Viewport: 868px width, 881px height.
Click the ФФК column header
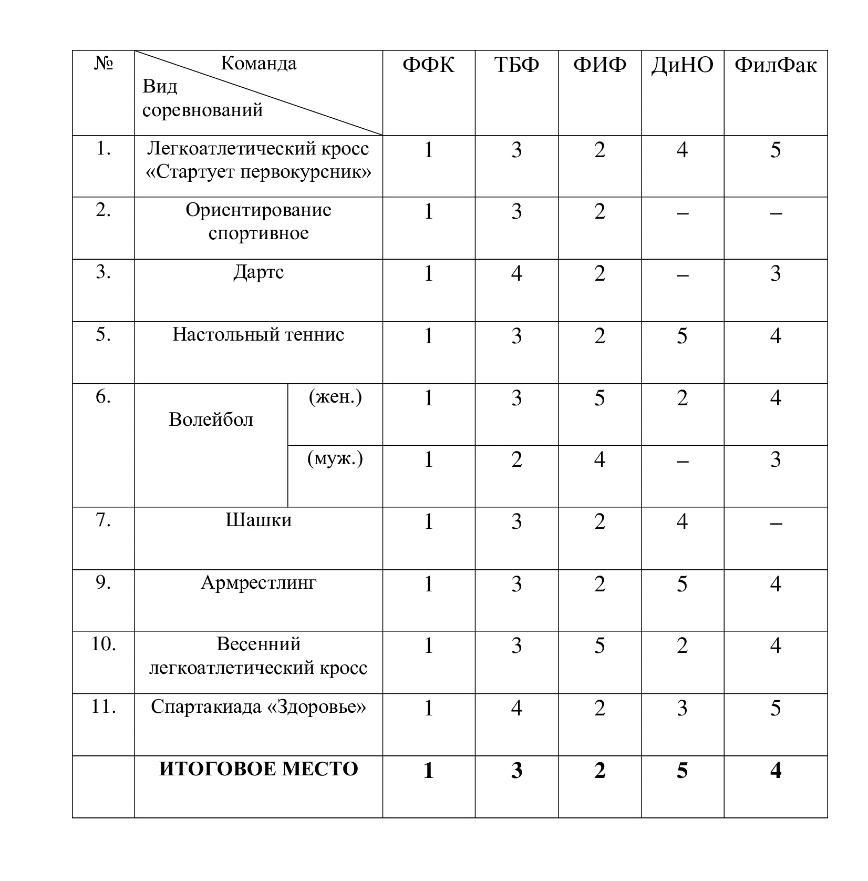(428, 65)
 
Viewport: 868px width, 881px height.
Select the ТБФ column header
(516, 65)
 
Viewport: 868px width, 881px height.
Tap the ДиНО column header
(682, 65)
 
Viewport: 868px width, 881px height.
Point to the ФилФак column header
(776, 65)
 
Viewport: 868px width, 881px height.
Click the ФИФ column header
(600, 65)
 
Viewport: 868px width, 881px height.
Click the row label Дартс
(259, 272)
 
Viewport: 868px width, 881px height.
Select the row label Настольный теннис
(259, 334)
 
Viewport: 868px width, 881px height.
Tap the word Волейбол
(211, 419)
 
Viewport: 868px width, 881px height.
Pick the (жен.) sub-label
(335, 397)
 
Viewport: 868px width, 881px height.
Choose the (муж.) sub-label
(335, 459)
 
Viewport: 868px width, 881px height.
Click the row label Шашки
(259, 520)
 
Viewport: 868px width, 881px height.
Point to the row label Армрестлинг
(259, 582)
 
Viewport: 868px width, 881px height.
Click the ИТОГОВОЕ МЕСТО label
(259, 769)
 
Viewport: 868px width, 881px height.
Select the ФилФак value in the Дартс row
(776, 274)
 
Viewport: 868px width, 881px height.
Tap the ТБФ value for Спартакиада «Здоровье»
(516, 708)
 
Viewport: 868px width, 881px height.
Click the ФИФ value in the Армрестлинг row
(600, 584)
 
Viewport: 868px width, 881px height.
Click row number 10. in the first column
(104, 644)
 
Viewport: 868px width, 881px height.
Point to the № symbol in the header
(104, 64)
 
